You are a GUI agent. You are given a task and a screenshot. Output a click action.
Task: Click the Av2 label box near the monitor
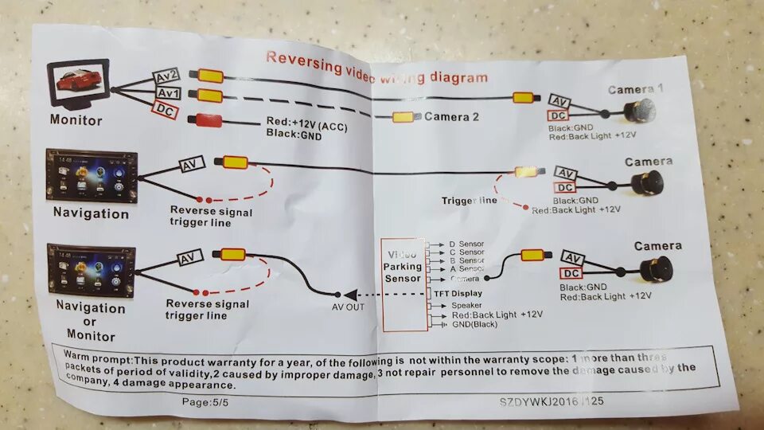[166, 76]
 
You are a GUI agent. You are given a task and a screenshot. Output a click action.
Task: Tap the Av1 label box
[168, 93]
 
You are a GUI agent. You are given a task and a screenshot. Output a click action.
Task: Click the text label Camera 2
[451, 116]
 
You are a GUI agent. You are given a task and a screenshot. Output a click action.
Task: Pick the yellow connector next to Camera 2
[404, 117]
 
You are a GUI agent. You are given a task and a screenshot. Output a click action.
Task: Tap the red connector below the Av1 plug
[209, 120]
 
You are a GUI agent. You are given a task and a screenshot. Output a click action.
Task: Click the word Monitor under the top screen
[76, 121]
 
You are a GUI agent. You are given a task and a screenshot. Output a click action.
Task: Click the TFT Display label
[457, 293]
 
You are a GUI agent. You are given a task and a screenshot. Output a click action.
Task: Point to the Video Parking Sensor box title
[403, 268]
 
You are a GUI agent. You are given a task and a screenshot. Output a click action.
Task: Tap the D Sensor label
[466, 244]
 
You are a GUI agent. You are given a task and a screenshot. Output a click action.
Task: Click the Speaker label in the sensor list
[466, 305]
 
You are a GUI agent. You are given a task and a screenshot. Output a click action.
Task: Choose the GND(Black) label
[474, 324]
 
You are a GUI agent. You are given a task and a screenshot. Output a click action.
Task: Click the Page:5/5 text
[205, 402]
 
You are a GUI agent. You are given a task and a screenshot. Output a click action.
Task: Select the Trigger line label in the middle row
[469, 201]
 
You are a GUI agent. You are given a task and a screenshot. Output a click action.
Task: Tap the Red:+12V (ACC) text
[307, 124]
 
